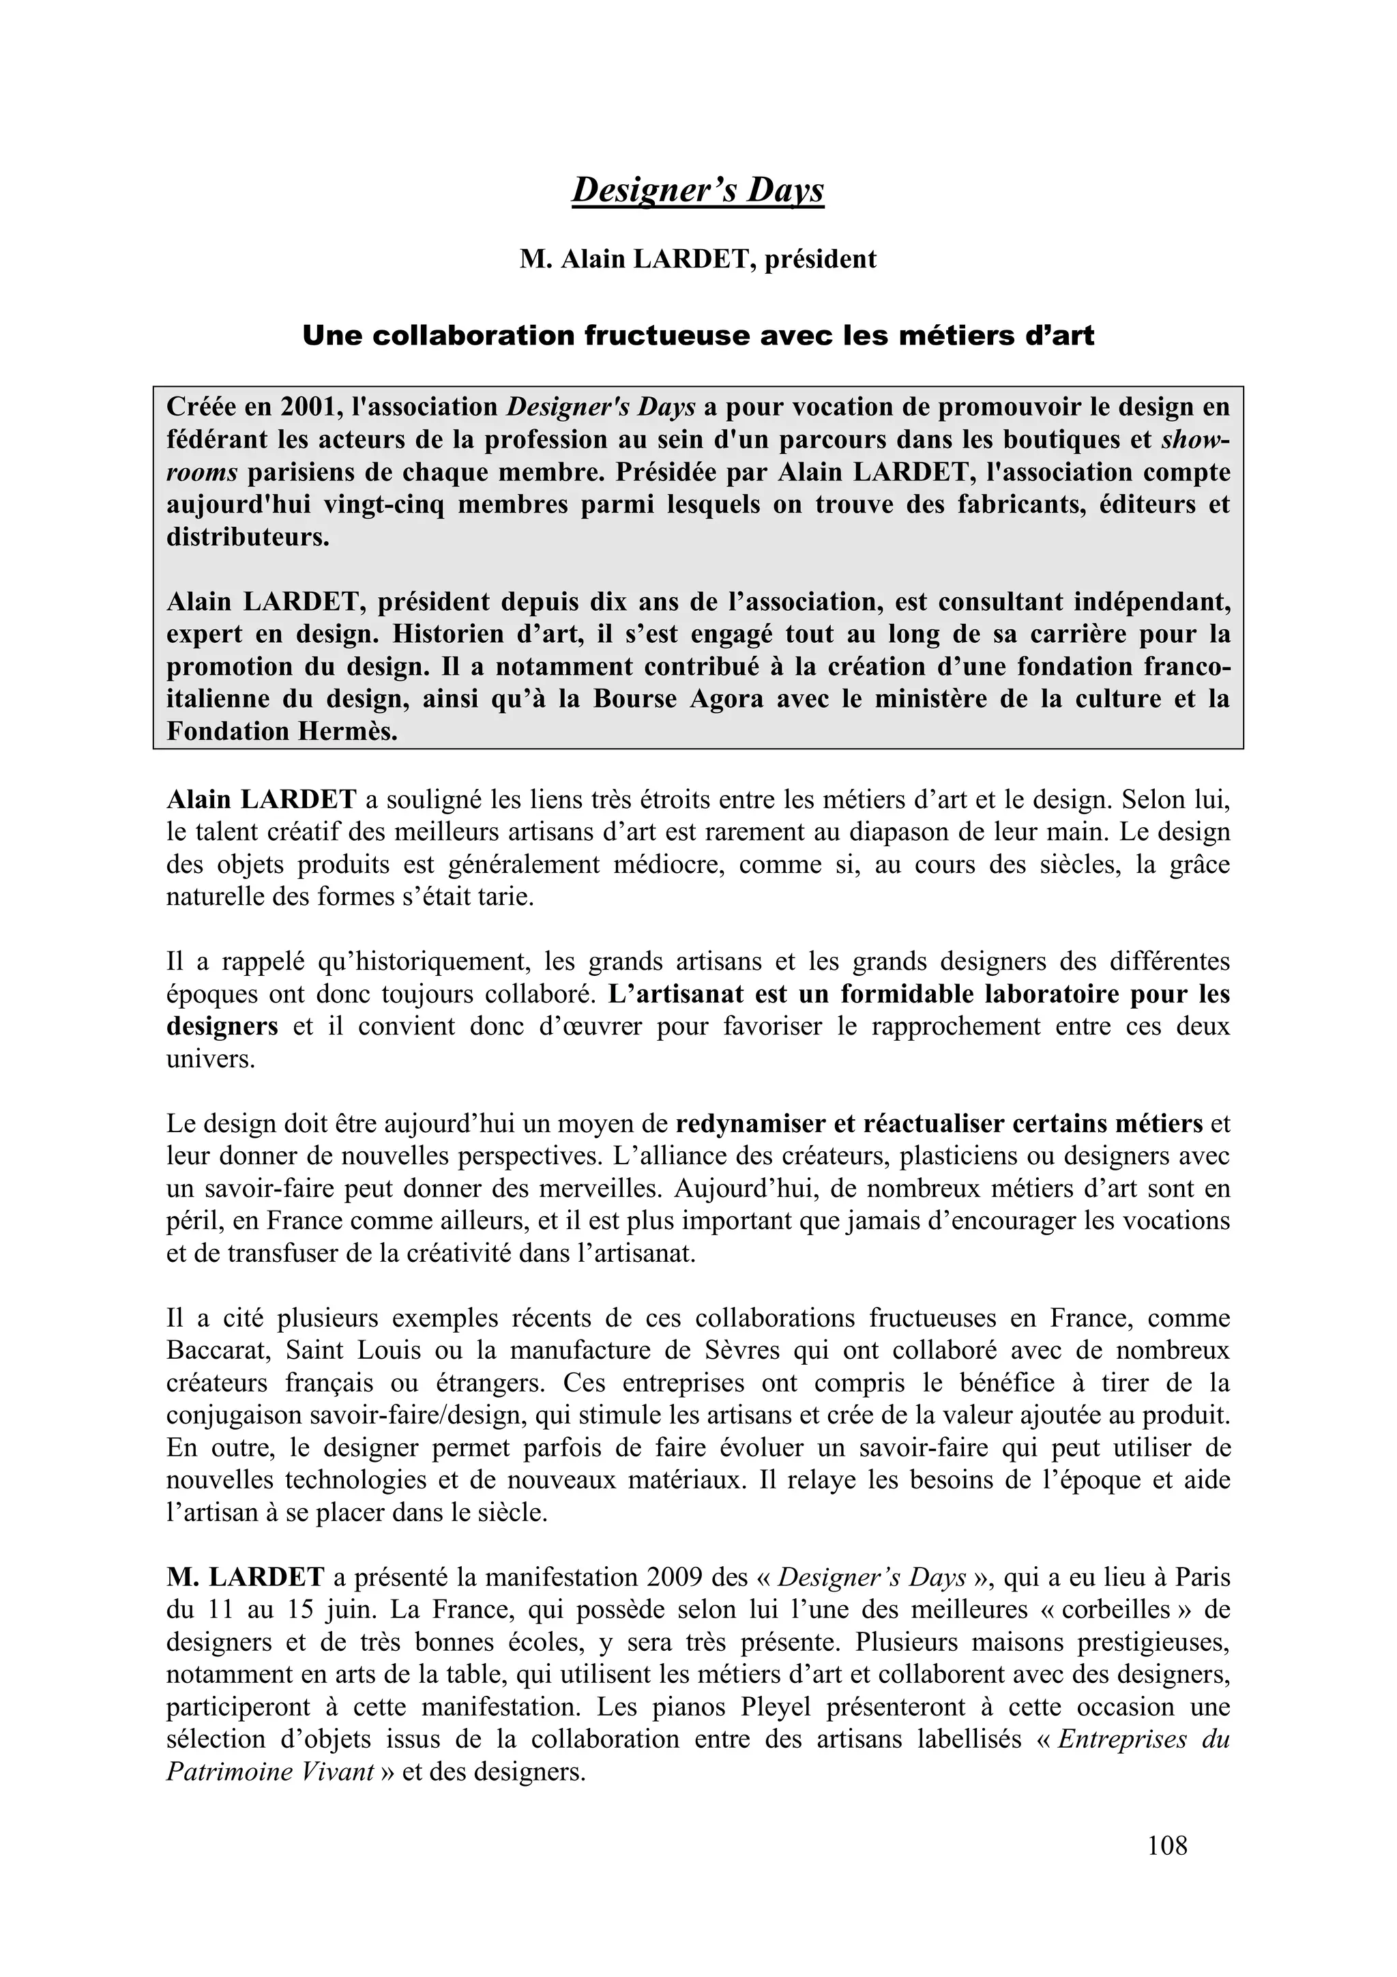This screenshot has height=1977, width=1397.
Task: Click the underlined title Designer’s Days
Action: [698, 190]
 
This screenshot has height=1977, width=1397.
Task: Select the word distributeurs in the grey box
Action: [247, 537]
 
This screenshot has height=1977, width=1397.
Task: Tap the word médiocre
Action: [668, 865]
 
